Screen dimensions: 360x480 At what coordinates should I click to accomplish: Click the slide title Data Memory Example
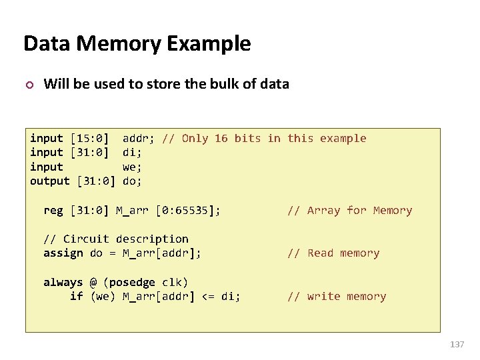tap(137, 43)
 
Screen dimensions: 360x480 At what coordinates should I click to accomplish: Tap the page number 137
tap(457, 344)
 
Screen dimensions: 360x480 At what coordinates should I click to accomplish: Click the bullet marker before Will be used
tap(28, 85)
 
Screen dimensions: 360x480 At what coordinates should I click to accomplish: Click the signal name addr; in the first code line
tap(139, 139)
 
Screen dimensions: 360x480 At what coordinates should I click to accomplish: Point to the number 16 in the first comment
tap(221, 139)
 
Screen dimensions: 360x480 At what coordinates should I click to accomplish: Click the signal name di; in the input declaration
tap(132, 153)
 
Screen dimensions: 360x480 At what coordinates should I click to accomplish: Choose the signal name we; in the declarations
tap(132, 167)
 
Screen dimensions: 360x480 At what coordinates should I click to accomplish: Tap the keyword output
tap(50, 181)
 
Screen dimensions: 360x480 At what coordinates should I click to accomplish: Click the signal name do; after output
tap(132, 181)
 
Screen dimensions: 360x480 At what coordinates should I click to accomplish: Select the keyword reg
tap(53, 211)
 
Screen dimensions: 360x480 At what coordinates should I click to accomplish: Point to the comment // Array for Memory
tap(349, 211)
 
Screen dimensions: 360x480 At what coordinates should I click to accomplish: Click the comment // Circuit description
tap(116, 239)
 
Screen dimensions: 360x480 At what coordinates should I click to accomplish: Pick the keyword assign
tap(63, 253)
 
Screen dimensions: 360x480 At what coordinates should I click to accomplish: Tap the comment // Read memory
tap(333, 253)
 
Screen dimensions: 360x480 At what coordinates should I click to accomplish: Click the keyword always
tap(63, 282)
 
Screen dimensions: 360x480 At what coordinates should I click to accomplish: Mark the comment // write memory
tap(337, 297)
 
